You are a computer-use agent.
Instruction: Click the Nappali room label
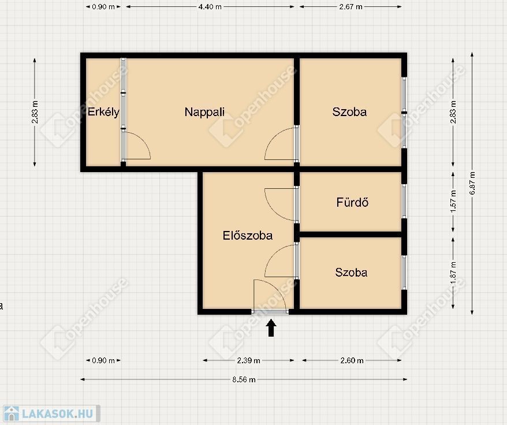click(204, 112)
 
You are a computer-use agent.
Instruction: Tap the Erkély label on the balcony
click(103, 112)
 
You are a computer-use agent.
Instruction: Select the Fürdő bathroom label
click(352, 202)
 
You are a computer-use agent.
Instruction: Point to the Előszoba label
click(247, 235)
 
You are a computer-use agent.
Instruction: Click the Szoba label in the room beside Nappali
click(349, 112)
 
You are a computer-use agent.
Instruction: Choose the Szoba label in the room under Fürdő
click(351, 273)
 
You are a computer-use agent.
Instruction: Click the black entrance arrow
click(271, 327)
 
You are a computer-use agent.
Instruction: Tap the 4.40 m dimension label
click(210, 6)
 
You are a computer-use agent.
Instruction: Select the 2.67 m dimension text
click(351, 6)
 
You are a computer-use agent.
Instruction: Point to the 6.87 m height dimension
click(472, 183)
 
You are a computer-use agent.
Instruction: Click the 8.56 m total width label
click(244, 379)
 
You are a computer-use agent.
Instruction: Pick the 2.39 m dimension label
click(248, 360)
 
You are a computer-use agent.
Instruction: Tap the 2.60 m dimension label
click(352, 360)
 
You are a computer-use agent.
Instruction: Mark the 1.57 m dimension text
click(453, 201)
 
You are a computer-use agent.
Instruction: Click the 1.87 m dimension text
click(453, 274)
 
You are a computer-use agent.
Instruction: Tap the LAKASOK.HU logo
click(51, 413)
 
